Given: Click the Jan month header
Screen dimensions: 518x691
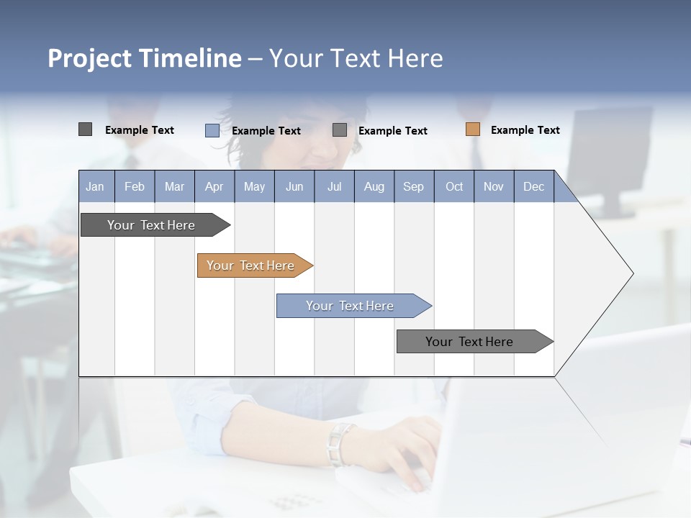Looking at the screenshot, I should click(96, 186).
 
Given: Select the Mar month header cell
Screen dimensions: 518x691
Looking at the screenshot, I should click(174, 186).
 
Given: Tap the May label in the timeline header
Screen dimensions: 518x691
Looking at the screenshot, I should click(254, 186).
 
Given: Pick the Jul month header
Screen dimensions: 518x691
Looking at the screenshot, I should click(334, 186).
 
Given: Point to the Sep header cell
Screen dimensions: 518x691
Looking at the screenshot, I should click(413, 186).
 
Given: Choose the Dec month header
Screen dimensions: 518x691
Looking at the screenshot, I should click(533, 186).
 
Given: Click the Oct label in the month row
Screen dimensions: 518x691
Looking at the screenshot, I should click(454, 186).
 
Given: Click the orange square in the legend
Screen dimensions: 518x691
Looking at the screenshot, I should click(473, 129).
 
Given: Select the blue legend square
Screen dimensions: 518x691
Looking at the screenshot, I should click(212, 130).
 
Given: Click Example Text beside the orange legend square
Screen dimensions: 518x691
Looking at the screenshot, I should click(525, 130).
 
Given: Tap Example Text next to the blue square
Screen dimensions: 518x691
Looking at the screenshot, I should click(266, 131).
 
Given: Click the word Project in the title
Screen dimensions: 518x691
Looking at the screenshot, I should click(90, 58).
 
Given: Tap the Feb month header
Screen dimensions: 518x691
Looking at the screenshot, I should click(135, 186).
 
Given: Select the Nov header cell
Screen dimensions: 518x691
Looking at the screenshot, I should click(494, 186).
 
